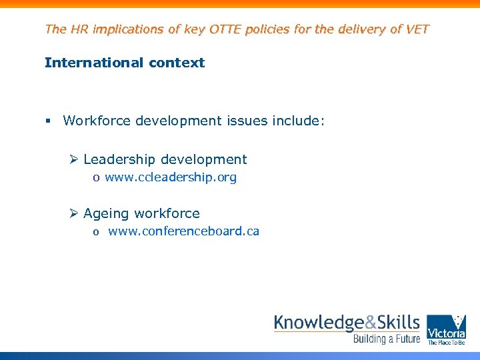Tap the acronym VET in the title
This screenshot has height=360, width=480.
(417, 29)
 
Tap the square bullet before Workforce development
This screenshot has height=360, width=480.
(48, 121)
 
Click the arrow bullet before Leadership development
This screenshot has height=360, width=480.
(75, 160)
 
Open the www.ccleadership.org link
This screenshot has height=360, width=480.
(171, 178)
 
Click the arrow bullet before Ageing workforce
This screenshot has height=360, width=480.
(75, 214)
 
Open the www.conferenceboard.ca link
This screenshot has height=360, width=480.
(183, 232)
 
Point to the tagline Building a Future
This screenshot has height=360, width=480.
(386, 339)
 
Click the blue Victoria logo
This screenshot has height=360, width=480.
(446, 329)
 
